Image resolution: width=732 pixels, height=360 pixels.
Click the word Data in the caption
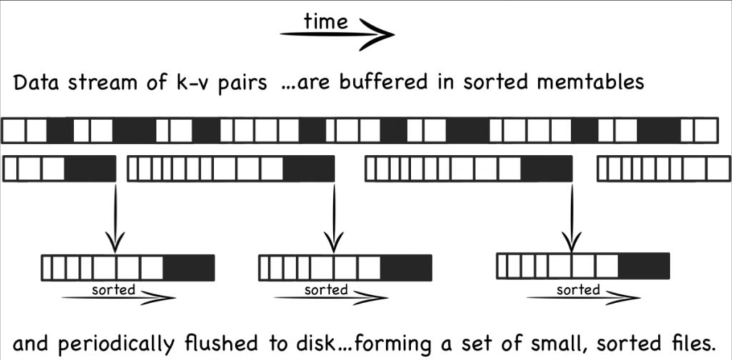[36, 83]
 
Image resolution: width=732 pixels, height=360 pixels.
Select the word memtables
[590, 82]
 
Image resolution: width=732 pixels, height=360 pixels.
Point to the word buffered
[383, 82]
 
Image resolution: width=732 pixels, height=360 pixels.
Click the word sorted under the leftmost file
[114, 290]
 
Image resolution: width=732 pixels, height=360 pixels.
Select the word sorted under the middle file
[326, 290]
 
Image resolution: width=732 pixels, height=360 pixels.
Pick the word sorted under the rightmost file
[578, 290]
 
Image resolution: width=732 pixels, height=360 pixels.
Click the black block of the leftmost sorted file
[189, 268]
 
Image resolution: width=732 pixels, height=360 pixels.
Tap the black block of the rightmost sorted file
[644, 266]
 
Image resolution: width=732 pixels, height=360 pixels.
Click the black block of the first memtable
[90, 169]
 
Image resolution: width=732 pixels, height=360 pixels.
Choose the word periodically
[116, 344]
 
